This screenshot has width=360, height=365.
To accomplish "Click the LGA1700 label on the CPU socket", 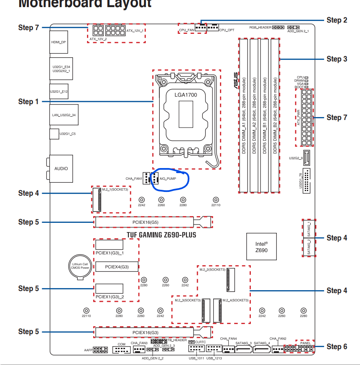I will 186,94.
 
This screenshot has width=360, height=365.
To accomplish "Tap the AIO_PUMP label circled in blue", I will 168,179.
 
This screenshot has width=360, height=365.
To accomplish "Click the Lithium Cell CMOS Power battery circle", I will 79,265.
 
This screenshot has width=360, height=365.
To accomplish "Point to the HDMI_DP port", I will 59,42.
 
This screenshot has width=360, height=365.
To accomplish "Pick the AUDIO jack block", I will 61,168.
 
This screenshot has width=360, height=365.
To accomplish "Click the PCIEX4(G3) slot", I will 117,266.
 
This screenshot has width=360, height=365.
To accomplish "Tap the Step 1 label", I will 28,102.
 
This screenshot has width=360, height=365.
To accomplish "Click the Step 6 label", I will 337,347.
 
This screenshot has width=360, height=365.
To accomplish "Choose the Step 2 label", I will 337,20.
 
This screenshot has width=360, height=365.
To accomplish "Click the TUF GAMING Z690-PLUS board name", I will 161,235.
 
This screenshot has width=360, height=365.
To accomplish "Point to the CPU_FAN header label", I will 186,31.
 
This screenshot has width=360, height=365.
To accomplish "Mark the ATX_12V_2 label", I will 98,39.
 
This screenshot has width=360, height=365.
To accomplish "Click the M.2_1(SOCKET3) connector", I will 100,199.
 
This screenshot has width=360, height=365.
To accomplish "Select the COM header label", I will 122,344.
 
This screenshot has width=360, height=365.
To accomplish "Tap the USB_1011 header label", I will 196,358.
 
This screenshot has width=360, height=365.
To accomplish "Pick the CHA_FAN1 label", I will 134,179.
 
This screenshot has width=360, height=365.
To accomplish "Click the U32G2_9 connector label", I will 296,158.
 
